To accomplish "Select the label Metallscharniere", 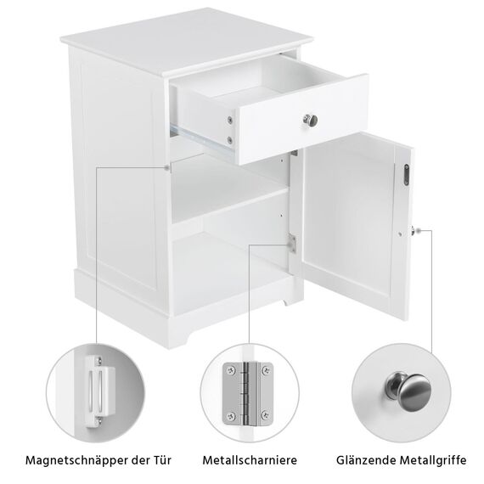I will point(249,460).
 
